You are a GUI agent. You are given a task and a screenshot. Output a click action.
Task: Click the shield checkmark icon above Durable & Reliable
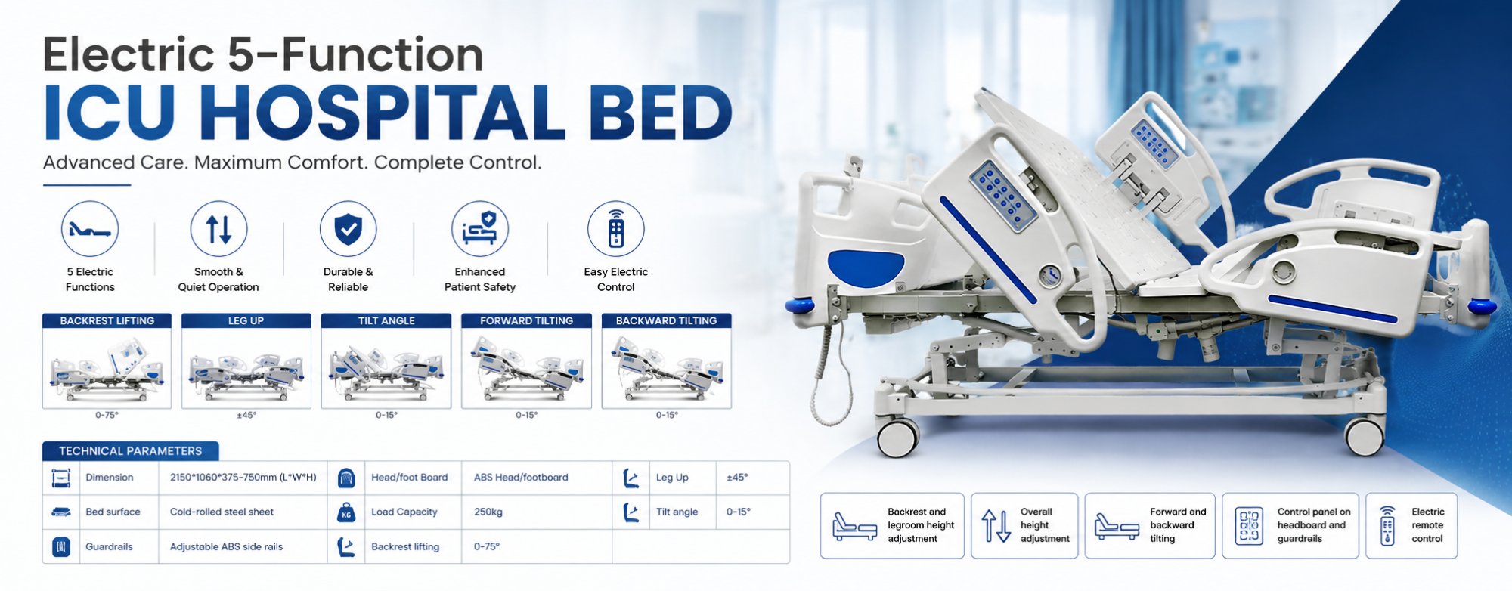(x=348, y=229)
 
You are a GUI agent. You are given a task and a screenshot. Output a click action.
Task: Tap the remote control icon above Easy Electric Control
(x=616, y=229)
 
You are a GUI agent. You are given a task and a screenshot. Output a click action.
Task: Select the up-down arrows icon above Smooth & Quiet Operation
(x=218, y=229)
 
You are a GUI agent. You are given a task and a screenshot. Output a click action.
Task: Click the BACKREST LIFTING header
(x=107, y=320)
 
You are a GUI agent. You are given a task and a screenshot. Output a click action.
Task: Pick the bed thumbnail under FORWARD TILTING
(x=526, y=368)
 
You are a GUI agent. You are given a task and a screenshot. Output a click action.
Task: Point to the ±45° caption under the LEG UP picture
(x=246, y=415)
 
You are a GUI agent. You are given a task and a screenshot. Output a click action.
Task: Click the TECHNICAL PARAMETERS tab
(x=131, y=451)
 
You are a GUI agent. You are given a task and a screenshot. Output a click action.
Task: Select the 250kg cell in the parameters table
(x=488, y=512)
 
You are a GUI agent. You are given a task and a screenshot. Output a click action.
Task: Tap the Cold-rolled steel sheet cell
(x=222, y=512)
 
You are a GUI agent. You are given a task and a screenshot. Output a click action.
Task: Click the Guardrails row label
(x=109, y=546)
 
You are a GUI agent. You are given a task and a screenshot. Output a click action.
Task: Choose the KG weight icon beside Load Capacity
(x=346, y=512)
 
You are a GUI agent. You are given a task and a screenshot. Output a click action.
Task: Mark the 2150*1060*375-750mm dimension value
(x=243, y=478)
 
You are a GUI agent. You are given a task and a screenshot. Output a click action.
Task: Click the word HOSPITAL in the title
(x=383, y=113)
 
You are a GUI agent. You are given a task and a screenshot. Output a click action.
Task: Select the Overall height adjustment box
(x=1024, y=525)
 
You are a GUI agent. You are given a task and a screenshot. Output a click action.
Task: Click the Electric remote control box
(x=1411, y=525)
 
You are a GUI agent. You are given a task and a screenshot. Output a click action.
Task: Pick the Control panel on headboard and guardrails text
(x=1314, y=525)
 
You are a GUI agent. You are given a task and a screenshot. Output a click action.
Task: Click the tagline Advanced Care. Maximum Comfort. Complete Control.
(x=292, y=162)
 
